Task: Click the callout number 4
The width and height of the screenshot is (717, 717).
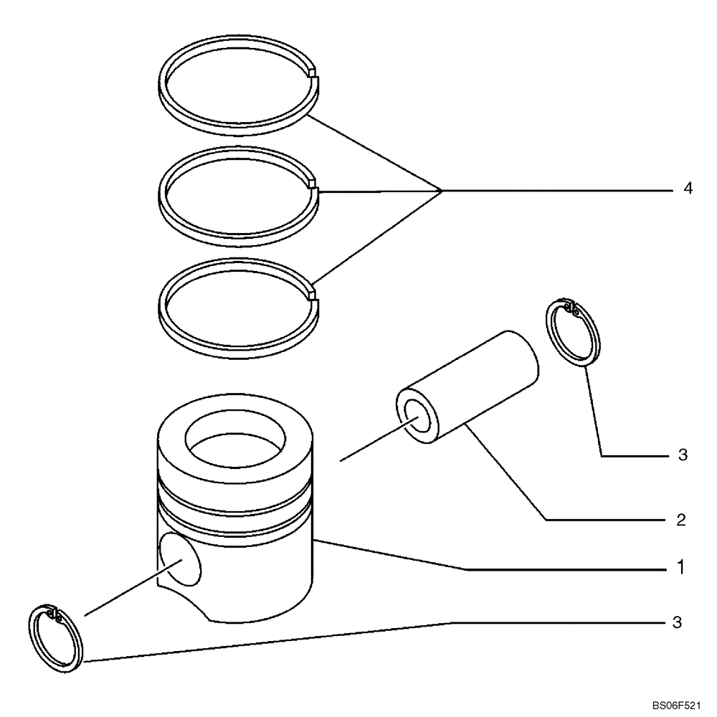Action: pos(688,189)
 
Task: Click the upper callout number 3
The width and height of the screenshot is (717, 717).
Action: pos(682,455)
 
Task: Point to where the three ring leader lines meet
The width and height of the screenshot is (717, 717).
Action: pos(441,190)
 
